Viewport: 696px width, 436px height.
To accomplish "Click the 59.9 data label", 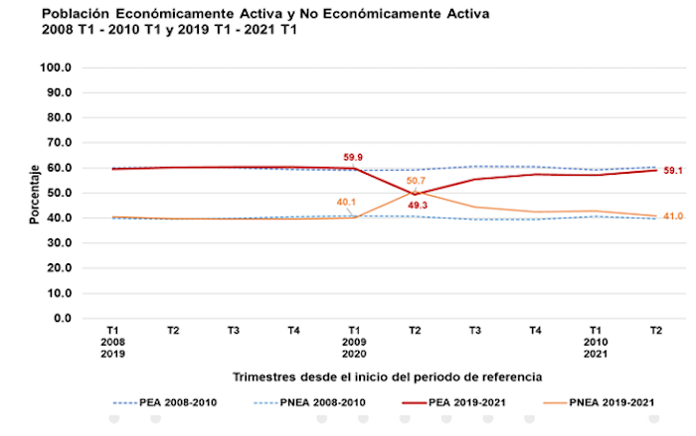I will click(x=352, y=156).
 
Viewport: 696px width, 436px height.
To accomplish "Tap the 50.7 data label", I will click(x=416, y=181).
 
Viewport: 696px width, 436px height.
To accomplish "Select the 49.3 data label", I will click(x=416, y=206).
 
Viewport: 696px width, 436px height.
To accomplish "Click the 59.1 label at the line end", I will click(x=673, y=170).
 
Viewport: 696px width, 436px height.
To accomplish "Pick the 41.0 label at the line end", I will click(x=673, y=216).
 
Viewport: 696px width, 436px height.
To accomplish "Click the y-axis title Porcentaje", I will click(x=33, y=194).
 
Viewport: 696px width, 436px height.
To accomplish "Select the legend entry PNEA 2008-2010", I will click(x=320, y=404).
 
